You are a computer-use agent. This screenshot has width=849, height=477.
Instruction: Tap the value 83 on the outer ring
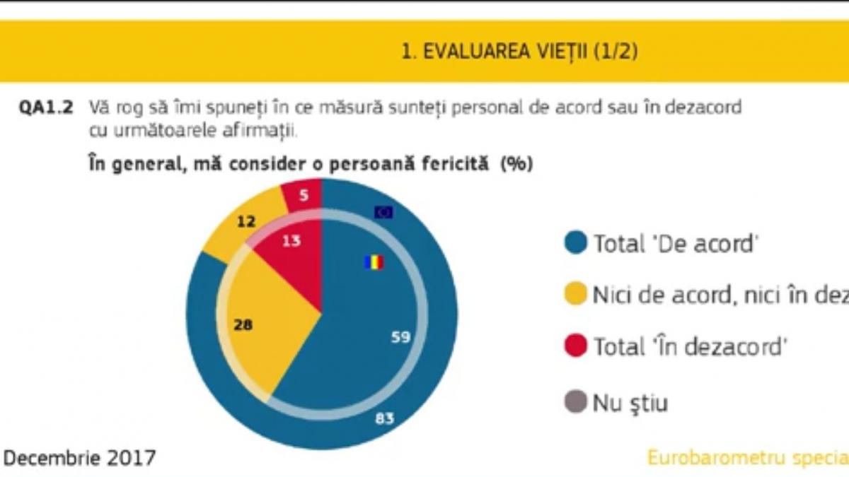pos(384,418)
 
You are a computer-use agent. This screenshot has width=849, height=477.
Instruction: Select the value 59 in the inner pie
pos(400,338)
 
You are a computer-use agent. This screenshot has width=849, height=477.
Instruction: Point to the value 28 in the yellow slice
pos(242,326)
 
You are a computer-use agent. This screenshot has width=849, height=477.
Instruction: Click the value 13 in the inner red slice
pos(291,241)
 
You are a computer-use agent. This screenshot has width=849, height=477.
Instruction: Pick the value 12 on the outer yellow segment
pos(246,222)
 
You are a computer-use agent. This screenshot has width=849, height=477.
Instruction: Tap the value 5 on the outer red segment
pos(303,196)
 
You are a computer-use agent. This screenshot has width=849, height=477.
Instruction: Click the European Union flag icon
pos(383,211)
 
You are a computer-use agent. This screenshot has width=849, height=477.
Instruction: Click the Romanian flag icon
pos(374,263)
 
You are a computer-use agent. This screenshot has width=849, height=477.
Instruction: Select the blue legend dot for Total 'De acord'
pos(576,244)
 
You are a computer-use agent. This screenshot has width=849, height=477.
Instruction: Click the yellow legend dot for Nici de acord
pos(576,295)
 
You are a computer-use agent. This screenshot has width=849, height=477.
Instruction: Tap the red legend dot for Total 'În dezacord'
pos(576,347)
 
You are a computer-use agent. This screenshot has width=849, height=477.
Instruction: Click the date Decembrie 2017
pos(79,458)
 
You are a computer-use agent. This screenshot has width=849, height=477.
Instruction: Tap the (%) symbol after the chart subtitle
pos(516,163)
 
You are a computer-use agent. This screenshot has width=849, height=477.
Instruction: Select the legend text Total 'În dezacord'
pos(690,347)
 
